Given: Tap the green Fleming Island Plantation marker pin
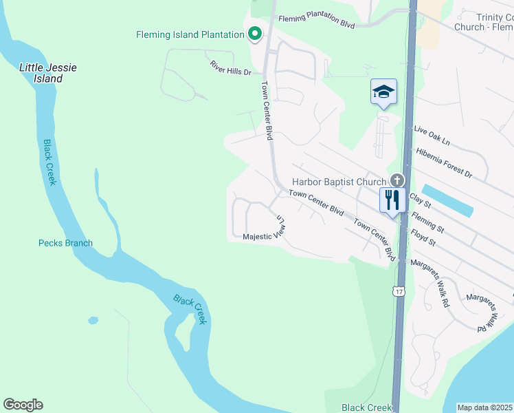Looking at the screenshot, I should pos(255,34).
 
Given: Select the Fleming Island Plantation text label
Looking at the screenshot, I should pos(190,34).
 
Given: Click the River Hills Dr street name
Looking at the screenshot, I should pos(230,67).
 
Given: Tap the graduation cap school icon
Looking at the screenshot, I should pos(383,92).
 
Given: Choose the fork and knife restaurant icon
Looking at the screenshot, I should pos(392,200).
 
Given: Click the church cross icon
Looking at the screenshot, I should pos(396,181).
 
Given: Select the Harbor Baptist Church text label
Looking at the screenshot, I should pos(339,182).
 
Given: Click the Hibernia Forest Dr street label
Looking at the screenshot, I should pos(444,162).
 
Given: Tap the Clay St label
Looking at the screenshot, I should pos(420,200).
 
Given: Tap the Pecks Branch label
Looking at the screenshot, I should pos(65,243).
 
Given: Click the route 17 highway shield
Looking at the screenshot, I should pos(399,292).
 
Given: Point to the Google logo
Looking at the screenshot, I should pos(23,405).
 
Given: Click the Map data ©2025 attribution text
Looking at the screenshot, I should pos(484,407).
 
